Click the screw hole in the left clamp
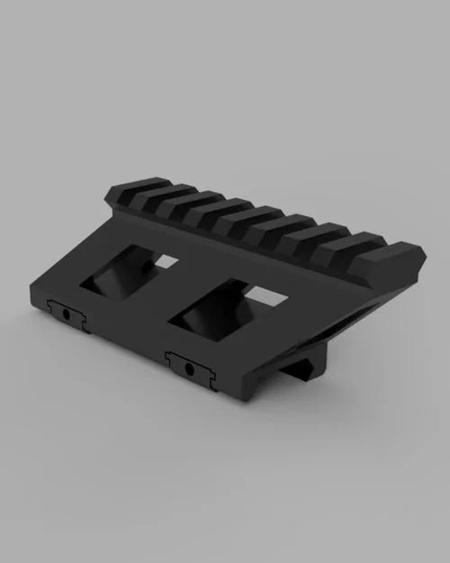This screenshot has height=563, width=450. (x=67, y=313)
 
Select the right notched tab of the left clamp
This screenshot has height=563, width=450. (x=84, y=321)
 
